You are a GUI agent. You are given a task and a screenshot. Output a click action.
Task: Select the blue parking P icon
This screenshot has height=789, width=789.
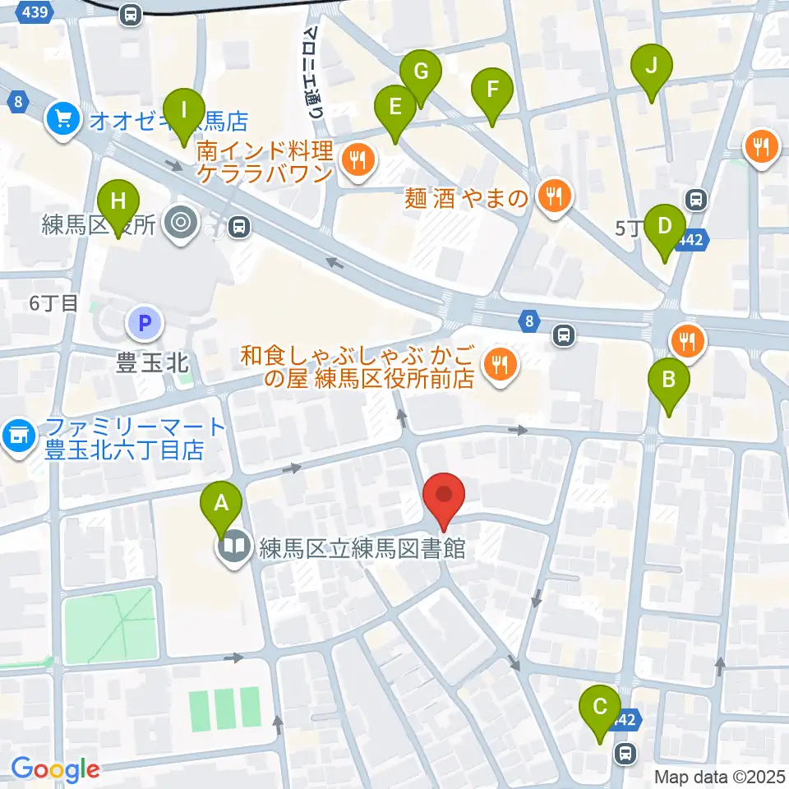coord(145,324)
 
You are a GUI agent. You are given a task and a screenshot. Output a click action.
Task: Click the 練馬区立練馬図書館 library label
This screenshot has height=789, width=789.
coord(361,548)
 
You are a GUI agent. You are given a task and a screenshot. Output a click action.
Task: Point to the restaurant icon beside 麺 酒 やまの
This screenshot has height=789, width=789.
coord(556,196)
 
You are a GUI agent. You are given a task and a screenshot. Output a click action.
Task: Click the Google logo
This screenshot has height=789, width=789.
coord(56,769)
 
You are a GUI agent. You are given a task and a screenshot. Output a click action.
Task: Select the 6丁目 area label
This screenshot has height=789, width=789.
coord(53,302)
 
